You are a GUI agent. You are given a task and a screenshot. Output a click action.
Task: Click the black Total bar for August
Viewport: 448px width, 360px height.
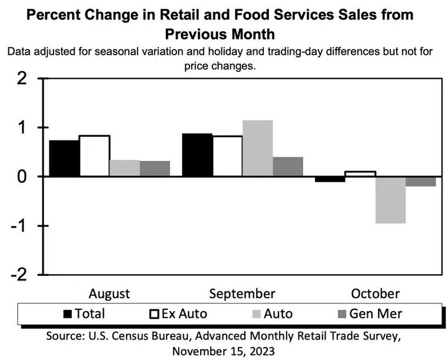64,158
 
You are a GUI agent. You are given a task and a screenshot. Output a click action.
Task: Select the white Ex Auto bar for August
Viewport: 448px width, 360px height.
94,156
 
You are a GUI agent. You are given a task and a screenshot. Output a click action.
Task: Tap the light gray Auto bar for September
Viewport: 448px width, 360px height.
257,148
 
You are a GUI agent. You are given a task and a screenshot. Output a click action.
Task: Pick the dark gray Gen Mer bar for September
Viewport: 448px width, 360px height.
287,166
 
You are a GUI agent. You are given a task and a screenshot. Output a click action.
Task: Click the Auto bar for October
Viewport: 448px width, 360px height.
390,200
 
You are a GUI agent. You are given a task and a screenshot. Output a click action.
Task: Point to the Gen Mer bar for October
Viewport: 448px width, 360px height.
420,181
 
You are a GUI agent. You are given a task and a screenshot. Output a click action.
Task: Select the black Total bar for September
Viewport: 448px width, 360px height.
197,155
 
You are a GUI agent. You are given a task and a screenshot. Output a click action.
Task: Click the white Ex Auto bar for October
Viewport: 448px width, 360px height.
360,174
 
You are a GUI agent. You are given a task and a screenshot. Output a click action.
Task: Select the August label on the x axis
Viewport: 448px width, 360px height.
109,294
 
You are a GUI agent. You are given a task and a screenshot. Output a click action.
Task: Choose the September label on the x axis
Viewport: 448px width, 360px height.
243,294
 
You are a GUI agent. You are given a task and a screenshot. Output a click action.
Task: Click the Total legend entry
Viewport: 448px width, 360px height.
89,314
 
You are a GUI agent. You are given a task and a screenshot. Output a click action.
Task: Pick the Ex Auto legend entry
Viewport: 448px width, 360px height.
184,314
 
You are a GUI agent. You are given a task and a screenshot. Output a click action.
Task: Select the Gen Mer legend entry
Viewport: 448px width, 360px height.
374,314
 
